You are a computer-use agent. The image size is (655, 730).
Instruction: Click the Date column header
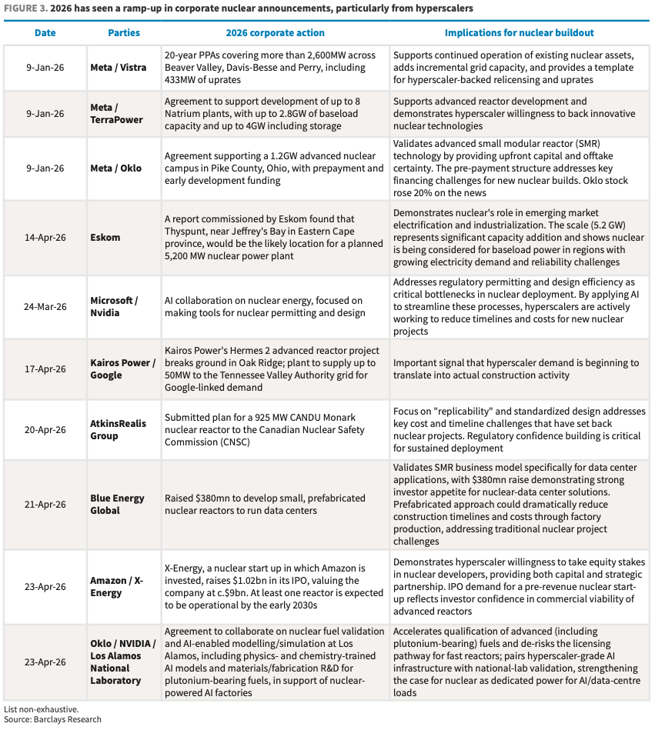[x=45, y=33]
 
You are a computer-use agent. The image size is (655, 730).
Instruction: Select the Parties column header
[x=124, y=33]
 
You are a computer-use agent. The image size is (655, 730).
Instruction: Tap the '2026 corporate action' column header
[x=275, y=33]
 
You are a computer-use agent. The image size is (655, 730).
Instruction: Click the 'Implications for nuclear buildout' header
[x=520, y=33]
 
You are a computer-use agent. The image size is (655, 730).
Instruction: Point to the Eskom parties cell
[x=105, y=238]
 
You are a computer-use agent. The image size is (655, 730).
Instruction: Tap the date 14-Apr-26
[x=45, y=238]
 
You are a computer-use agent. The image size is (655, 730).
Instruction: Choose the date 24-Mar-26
[x=45, y=306]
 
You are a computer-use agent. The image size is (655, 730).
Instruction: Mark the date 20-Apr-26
[x=45, y=430]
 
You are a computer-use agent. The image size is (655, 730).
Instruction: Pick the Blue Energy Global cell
[x=116, y=504]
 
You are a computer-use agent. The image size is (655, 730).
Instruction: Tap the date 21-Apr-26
[x=45, y=504]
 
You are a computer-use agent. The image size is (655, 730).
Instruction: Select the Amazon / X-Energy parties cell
[x=117, y=587]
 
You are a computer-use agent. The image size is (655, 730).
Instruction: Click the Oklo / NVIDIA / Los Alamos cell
[x=122, y=662]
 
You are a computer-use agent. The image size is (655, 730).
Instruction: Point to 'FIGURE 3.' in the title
[x=25, y=8]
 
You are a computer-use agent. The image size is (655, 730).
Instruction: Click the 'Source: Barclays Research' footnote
[x=52, y=720]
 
